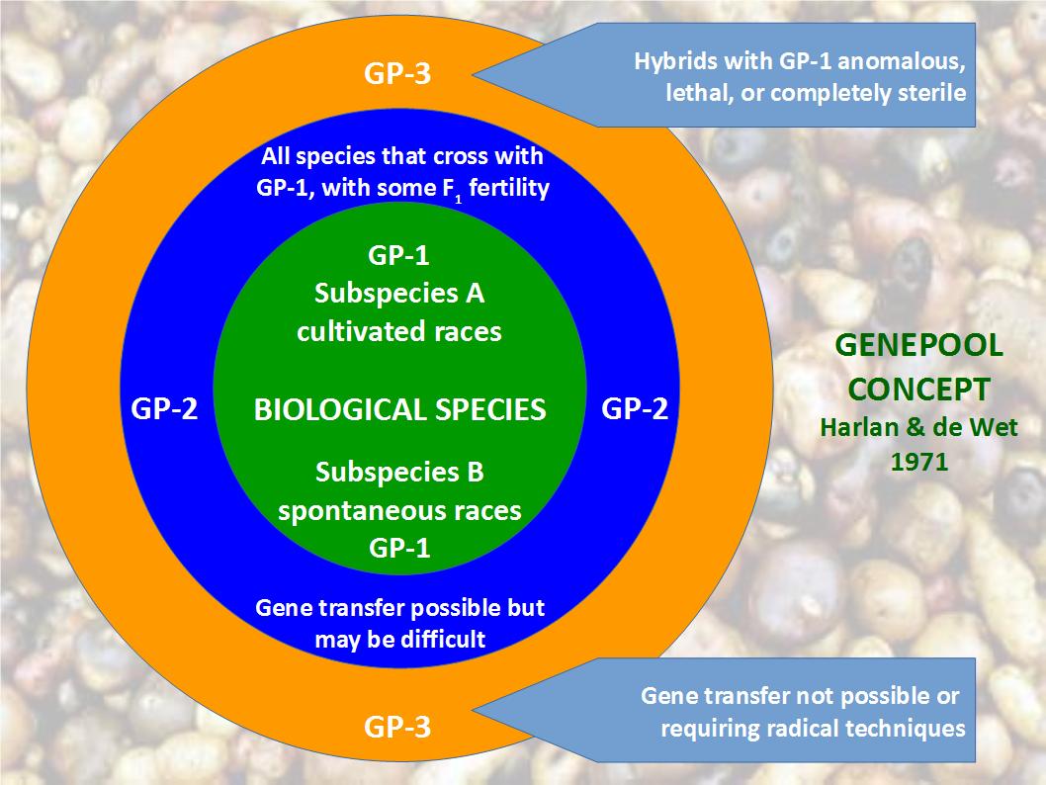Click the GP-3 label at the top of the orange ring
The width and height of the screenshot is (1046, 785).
tap(397, 74)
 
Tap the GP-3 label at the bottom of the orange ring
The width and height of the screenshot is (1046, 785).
tap(397, 729)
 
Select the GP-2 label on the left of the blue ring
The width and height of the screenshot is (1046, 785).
tap(165, 408)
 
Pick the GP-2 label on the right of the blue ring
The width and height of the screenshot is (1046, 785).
tap(635, 408)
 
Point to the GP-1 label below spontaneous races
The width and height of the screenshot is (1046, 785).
tap(398, 548)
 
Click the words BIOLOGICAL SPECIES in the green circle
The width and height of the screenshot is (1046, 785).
tap(399, 409)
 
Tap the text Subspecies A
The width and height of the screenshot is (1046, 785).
tap(399, 294)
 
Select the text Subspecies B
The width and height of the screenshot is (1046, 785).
tap(399, 473)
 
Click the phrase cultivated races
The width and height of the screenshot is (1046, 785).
tap(399, 331)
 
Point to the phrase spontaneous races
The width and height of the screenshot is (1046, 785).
tap(399, 511)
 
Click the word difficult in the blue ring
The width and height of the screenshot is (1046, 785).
tap(444, 639)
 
